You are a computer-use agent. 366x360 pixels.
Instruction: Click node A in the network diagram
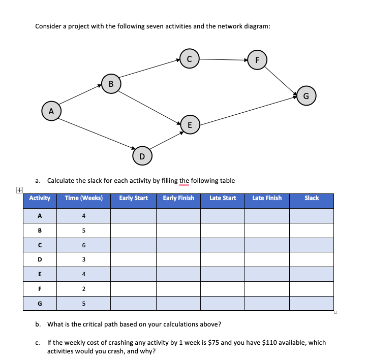51,110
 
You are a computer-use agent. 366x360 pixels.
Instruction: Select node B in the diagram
111,83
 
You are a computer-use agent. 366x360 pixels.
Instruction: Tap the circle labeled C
189,59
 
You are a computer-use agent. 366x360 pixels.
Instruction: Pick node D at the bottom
142,155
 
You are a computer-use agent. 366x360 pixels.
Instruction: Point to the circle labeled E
190,124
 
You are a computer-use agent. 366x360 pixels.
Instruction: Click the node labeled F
257,59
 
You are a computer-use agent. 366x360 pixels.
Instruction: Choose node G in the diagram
306,95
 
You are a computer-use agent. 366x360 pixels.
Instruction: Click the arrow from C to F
223,59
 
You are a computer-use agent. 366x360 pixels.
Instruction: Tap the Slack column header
312,198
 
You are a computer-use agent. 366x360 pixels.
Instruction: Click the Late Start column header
223,198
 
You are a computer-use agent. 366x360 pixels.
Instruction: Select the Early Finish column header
178,198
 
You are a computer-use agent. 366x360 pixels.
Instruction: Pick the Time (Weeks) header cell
84,198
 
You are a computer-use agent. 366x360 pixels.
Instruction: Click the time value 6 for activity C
84,245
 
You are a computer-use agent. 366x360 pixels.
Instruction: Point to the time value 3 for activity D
84,259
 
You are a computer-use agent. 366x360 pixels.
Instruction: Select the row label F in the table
40,289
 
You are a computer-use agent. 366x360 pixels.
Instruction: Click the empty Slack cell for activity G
312,304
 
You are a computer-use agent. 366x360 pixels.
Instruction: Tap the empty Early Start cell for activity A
133,216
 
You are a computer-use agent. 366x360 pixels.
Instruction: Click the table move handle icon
19,189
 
